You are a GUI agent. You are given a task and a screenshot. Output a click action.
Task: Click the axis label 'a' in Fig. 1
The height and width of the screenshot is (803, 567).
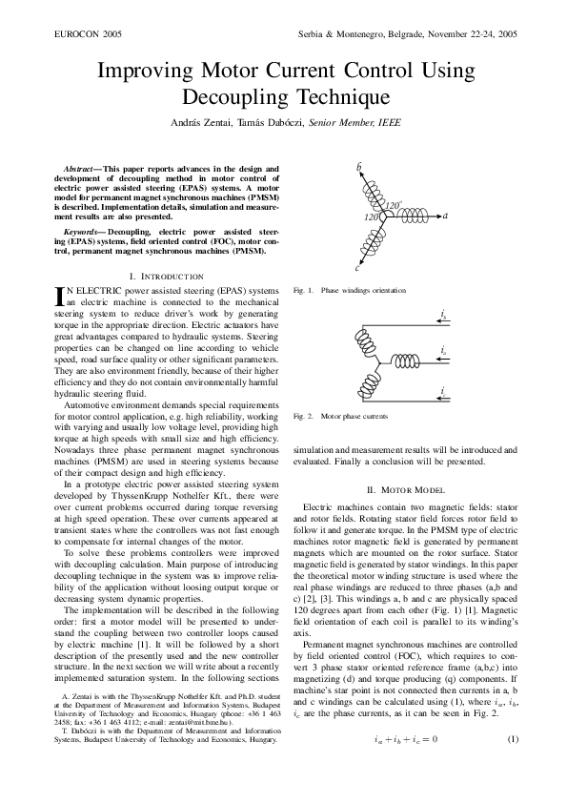[x=445, y=216]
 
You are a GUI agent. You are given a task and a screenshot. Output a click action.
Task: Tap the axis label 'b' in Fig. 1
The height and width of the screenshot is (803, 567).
[x=359, y=168]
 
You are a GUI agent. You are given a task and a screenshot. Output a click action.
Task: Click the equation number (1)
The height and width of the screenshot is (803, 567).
[x=512, y=739]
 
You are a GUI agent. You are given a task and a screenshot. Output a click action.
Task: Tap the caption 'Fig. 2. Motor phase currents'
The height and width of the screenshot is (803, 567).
[x=342, y=416]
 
